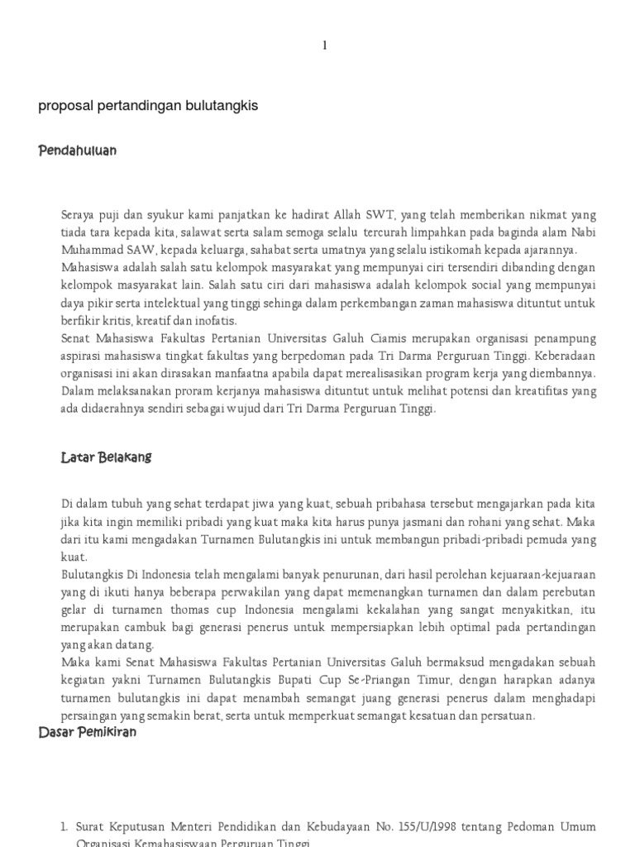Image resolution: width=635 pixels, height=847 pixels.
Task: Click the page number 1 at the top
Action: [325, 46]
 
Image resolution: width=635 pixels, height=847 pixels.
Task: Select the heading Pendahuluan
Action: [78, 151]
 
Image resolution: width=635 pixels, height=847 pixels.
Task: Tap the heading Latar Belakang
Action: [107, 457]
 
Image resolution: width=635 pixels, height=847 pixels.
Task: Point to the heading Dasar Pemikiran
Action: [88, 733]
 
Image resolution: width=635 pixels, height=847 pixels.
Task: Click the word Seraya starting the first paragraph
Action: [80, 215]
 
